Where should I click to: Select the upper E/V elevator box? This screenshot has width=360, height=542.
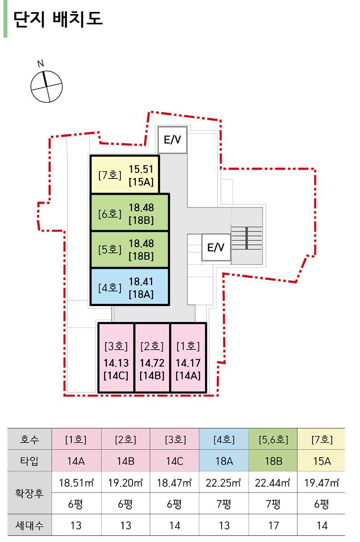tap(172, 140)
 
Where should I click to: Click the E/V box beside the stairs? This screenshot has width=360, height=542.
tap(216, 247)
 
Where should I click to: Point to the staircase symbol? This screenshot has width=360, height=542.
tap(247, 238)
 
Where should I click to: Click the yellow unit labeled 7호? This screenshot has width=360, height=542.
tap(125, 175)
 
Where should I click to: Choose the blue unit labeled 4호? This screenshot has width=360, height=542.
tap(129, 287)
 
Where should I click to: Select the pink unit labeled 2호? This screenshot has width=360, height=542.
tap(152, 358)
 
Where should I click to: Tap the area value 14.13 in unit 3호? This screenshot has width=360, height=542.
tap(116, 363)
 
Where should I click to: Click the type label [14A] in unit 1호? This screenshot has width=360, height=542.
tap(188, 375)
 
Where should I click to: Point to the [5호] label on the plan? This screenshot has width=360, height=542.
tap(109, 249)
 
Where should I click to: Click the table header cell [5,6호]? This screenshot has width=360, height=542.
tap(273, 440)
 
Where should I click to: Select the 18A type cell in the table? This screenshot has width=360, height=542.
tap(224, 461)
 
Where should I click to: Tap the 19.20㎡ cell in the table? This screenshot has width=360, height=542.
tap(125, 483)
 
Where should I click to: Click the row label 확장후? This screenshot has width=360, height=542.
tap(29, 493)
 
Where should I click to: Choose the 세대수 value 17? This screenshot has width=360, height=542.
tap(273, 525)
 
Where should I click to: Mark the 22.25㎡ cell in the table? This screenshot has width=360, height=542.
tap(224, 483)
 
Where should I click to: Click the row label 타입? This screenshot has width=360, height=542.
tap(29, 461)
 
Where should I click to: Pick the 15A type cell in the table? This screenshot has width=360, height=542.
tap(322, 461)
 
